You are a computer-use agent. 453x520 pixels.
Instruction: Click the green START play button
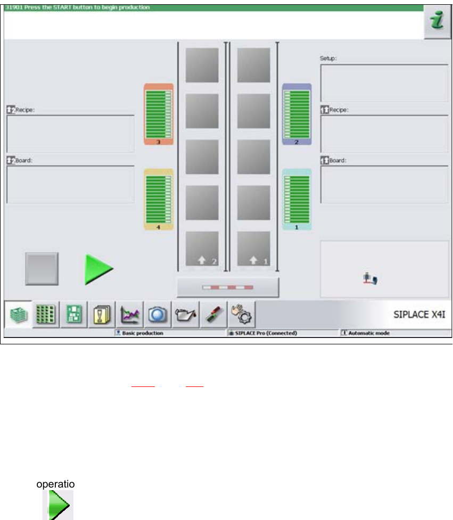(x=98, y=269)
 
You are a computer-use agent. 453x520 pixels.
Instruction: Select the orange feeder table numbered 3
(x=159, y=114)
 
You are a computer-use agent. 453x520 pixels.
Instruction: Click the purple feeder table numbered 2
(x=297, y=114)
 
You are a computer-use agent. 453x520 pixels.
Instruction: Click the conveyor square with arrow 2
(x=202, y=249)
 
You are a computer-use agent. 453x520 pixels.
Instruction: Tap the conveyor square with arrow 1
(x=254, y=249)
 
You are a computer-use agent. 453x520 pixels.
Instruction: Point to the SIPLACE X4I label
(x=419, y=315)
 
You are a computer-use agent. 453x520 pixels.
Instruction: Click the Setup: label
(x=328, y=59)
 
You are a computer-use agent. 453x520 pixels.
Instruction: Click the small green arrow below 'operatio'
(x=57, y=505)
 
